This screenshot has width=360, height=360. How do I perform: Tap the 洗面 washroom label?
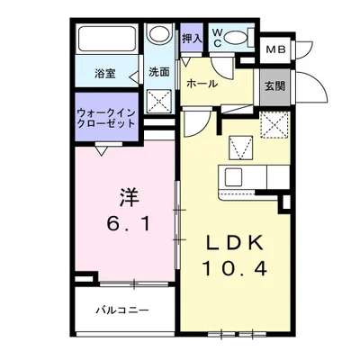pos(159,73)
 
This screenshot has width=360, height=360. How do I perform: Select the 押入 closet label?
pos(192,39)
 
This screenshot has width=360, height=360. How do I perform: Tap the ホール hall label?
pos(201,83)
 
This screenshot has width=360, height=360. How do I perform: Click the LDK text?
pos(236,243)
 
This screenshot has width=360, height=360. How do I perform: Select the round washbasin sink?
pos(160,35)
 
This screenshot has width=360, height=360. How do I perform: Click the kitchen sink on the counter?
pos(236,174)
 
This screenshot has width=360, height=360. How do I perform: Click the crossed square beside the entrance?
pos(272,125)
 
